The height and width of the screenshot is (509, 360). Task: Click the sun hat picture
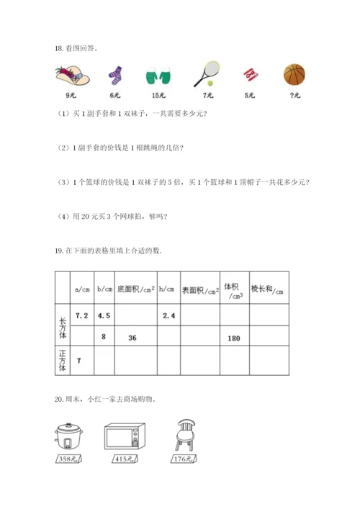coord(71,74)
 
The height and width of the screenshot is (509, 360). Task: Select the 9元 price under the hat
coord(71,94)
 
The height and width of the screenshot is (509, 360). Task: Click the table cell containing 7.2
coord(81,315)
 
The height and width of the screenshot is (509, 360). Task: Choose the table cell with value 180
coord(233,338)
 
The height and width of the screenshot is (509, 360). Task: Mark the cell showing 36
coord(132,338)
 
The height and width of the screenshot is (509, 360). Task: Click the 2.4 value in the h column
coord(169,315)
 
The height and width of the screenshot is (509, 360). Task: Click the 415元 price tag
coord(122,459)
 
